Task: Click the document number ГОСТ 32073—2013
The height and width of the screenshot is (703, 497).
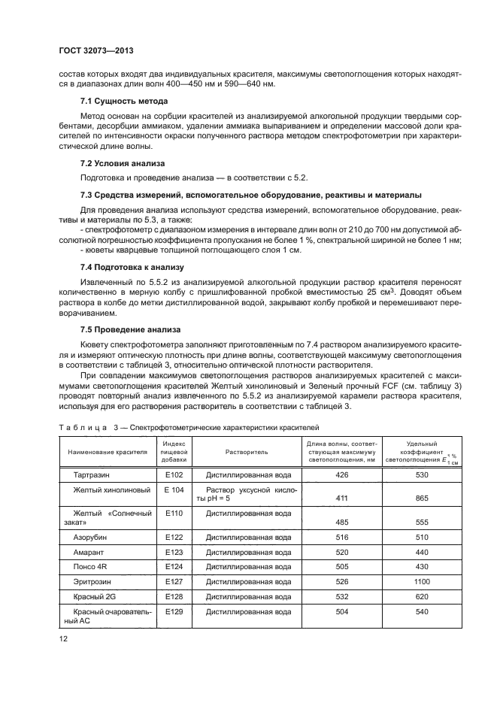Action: (92, 51)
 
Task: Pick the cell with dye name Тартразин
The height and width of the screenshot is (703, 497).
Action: (92, 475)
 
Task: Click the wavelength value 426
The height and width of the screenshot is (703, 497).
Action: (342, 475)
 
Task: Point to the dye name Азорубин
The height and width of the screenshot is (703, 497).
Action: (90, 538)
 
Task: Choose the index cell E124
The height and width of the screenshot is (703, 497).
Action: (174, 566)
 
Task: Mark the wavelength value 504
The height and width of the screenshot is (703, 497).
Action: (342, 612)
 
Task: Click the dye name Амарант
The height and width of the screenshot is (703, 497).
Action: (89, 553)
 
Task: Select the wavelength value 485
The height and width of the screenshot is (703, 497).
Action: (342, 521)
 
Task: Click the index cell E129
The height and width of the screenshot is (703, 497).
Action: (174, 612)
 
